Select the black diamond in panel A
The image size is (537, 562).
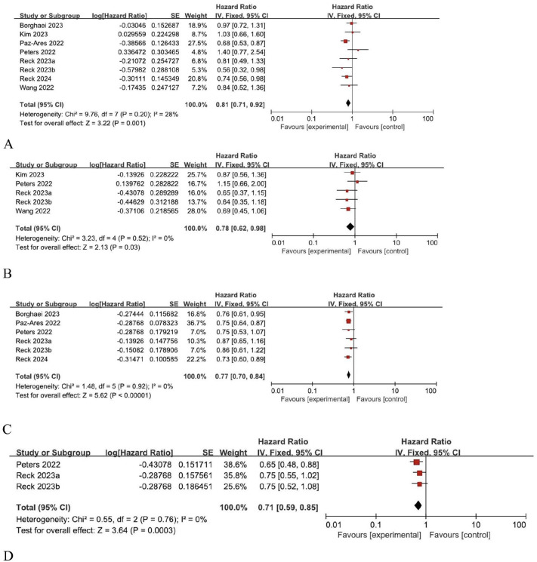[348, 102]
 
